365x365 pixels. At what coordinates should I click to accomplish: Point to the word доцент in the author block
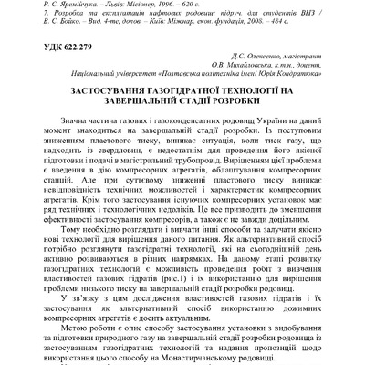click(311, 68)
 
